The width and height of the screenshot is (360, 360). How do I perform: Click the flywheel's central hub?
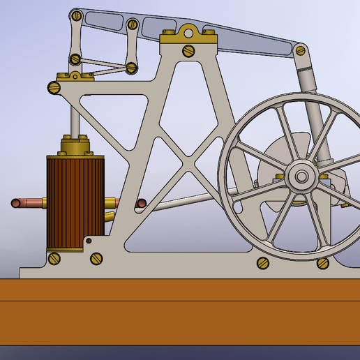point(302,177)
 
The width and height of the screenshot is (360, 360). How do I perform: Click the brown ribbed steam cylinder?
point(74,202)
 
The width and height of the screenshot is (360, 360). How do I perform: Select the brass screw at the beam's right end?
point(301,50)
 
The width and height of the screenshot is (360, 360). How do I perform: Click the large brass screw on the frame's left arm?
point(54,87)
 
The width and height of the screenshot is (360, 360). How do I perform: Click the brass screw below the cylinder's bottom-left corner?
point(54,259)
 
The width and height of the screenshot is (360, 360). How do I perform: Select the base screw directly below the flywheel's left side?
point(263,263)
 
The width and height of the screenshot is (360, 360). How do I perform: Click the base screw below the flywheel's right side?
point(322,263)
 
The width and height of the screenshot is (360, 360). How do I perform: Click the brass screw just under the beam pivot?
point(188,50)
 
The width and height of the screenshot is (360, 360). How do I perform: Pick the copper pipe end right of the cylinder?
point(141,204)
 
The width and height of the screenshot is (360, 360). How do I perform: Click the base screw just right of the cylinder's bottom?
point(96,258)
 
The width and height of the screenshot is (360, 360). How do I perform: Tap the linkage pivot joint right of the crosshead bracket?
point(130,68)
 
